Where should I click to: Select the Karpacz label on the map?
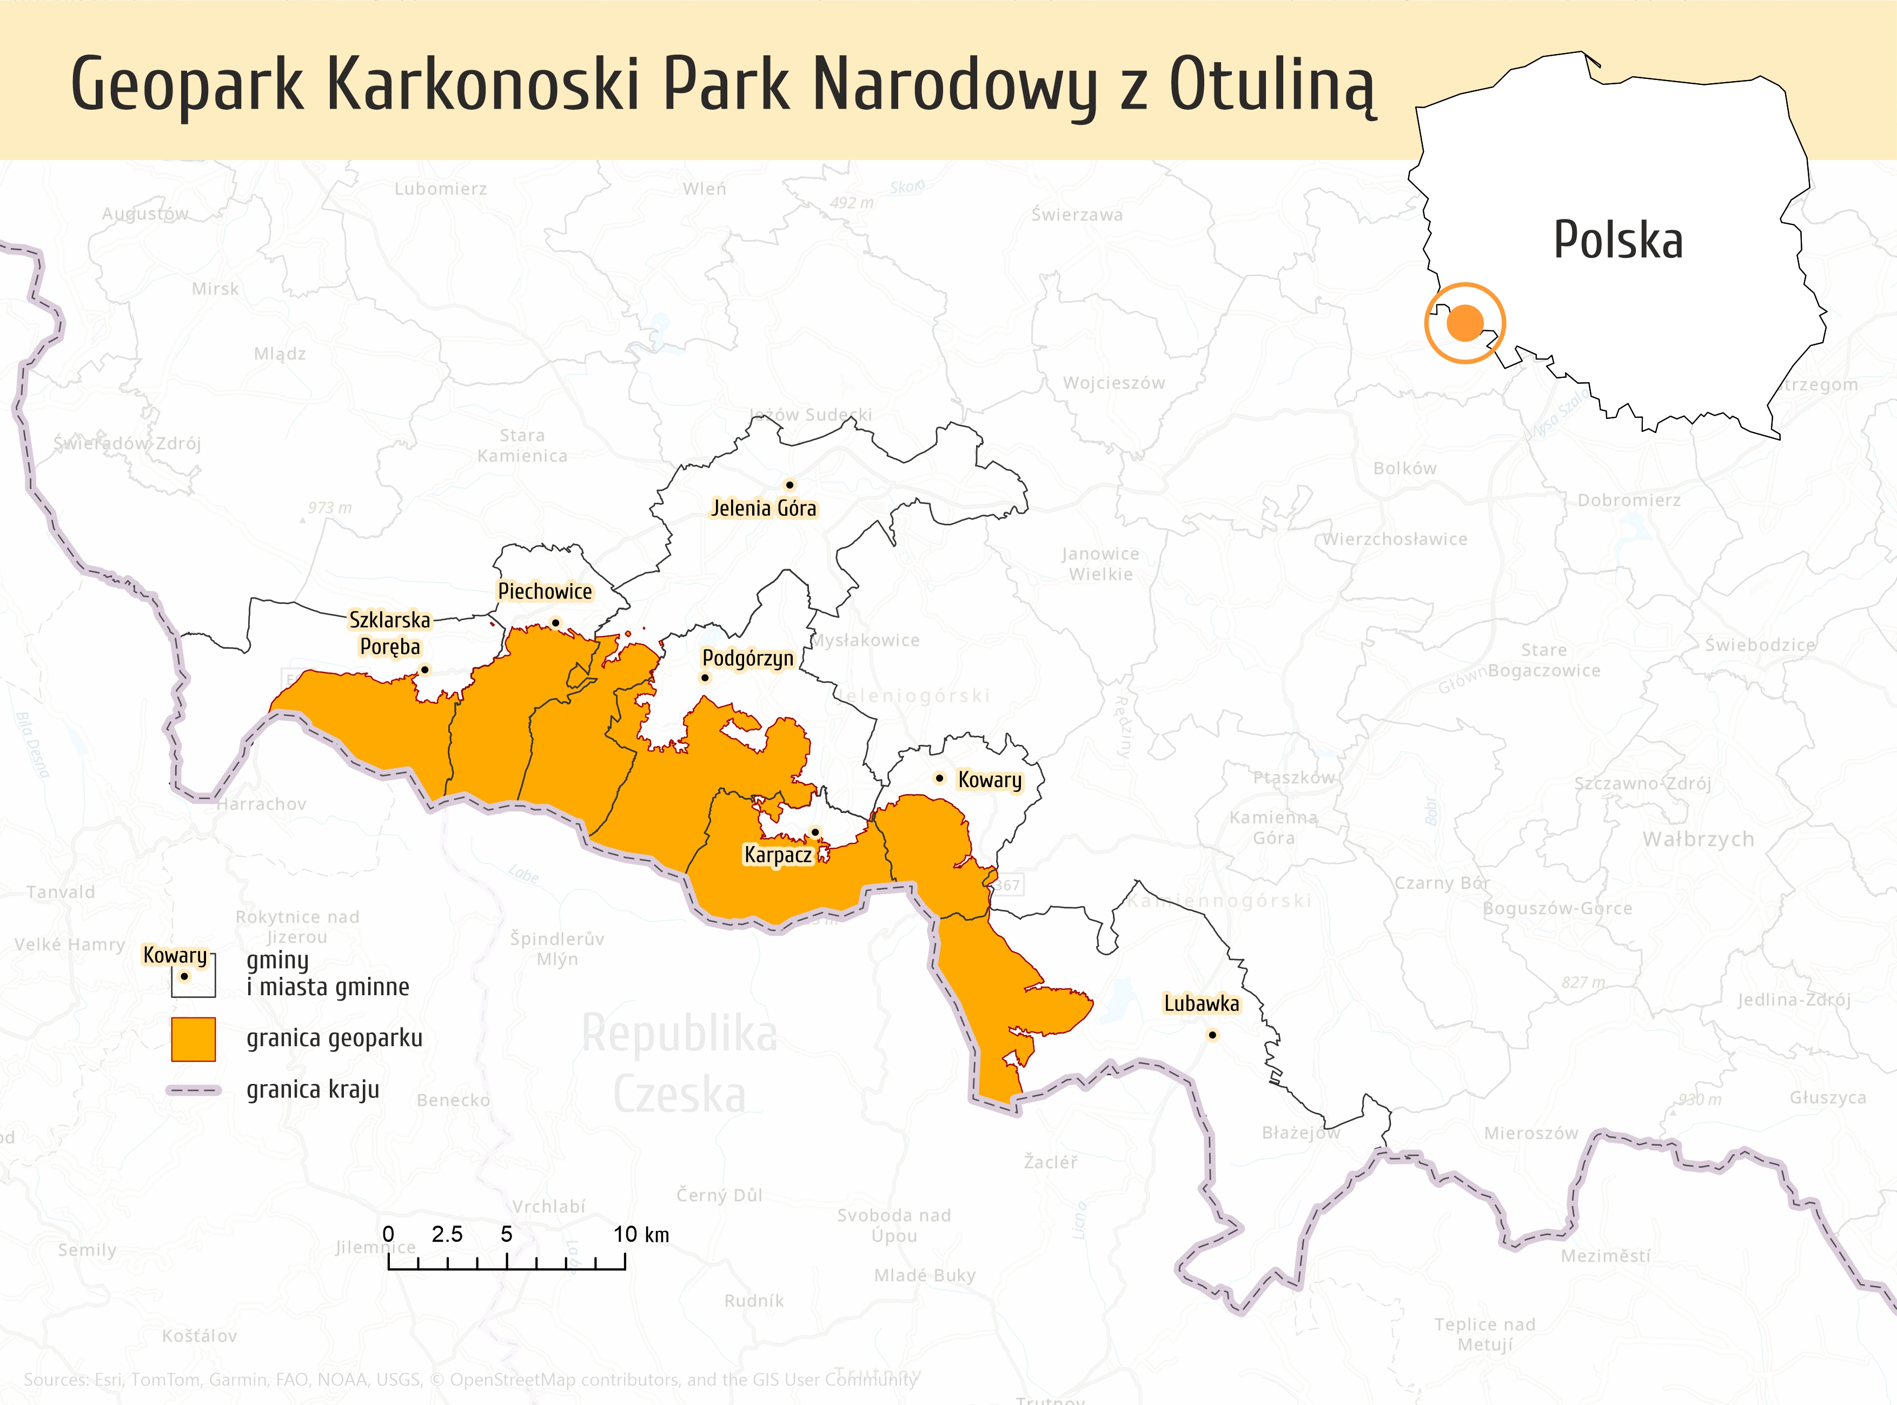click(x=778, y=855)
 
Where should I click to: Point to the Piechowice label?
click(x=545, y=591)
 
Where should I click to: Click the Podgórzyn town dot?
click(x=705, y=678)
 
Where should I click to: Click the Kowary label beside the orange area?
click(x=990, y=780)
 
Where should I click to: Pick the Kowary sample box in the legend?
click(x=193, y=975)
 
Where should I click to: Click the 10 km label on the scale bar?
click(x=641, y=1235)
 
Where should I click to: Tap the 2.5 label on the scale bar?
click(x=447, y=1235)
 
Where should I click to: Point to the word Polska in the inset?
click(x=1618, y=241)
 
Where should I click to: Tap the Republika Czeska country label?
click(x=679, y=1063)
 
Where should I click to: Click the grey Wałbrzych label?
click(x=1698, y=840)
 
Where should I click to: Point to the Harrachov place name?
click(x=261, y=804)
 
